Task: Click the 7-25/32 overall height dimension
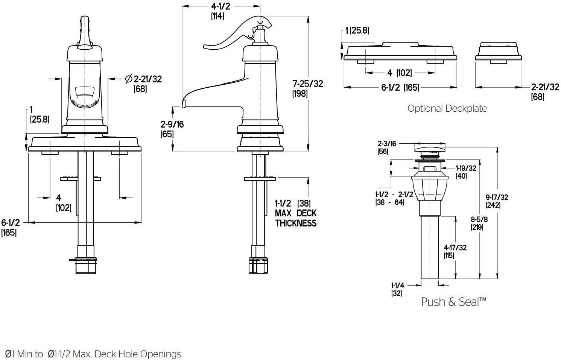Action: (x=307, y=84)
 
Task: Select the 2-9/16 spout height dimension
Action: (x=172, y=124)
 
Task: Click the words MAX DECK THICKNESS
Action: (x=296, y=218)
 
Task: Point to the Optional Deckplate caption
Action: (x=447, y=109)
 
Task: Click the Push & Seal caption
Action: (x=453, y=302)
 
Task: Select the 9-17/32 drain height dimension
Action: (x=497, y=197)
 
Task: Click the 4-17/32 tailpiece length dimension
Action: (x=455, y=248)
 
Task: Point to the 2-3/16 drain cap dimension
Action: (x=387, y=143)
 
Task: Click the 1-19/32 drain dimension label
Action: (x=466, y=168)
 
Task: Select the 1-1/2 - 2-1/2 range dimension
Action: (x=394, y=194)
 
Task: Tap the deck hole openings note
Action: (x=91, y=354)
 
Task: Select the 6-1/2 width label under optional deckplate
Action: (x=400, y=88)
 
